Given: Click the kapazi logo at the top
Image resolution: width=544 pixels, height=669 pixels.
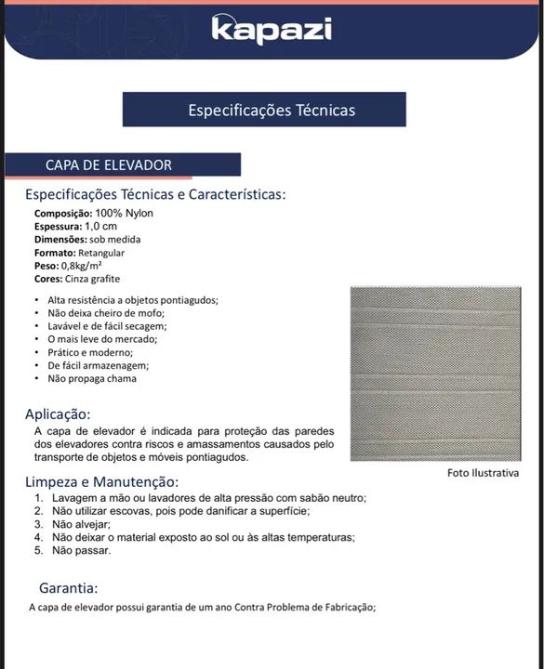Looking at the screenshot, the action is (x=271, y=29).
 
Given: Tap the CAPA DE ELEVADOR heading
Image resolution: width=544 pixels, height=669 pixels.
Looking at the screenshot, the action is (x=109, y=164).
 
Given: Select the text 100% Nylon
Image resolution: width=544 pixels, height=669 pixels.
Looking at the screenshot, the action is (x=124, y=213).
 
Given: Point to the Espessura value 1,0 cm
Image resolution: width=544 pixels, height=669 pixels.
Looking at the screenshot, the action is (x=101, y=226).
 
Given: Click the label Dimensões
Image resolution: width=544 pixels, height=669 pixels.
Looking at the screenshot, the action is (x=60, y=239).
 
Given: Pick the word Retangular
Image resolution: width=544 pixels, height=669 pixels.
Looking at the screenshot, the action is (x=101, y=253).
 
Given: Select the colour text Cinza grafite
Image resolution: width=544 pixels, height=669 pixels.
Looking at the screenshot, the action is (x=93, y=279).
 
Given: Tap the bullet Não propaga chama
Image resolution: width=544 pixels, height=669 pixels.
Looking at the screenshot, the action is (x=92, y=378).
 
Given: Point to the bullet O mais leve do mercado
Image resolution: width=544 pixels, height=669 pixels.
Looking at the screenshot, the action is (x=102, y=339).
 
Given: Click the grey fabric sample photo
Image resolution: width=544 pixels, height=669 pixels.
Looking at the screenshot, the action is (x=435, y=374).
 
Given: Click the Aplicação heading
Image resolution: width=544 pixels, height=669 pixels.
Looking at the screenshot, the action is (x=58, y=414).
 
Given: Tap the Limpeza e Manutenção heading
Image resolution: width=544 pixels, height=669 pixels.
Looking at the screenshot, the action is (x=101, y=482).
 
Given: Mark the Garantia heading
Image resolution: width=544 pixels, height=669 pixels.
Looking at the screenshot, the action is (x=68, y=588).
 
